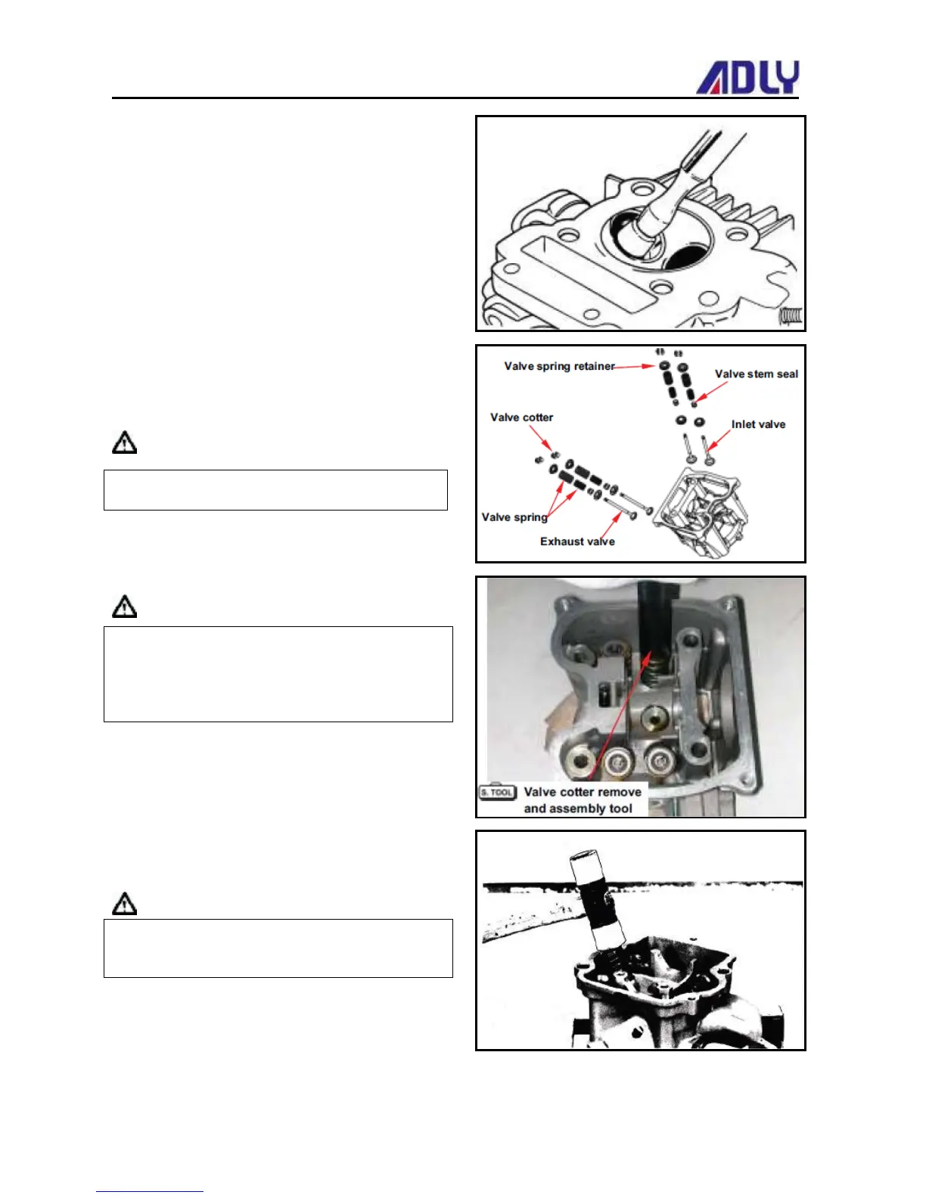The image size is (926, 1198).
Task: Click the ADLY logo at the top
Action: (747, 78)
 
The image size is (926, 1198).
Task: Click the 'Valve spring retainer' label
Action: (559, 366)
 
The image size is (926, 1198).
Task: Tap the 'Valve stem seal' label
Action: (756, 374)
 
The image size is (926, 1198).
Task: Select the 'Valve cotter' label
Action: (521, 417)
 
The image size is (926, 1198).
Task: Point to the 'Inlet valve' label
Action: (758, 424)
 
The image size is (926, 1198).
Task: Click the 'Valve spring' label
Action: (514, 517)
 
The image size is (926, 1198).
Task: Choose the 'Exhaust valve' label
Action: (577, 542)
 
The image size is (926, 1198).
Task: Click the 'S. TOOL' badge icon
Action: (497, 792)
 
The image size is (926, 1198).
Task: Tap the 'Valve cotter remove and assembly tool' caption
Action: (582, 800)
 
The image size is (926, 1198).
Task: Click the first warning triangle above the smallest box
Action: (125, 442)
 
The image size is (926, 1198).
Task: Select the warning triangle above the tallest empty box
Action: (125, 607)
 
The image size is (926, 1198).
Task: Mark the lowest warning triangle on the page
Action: (125, 904)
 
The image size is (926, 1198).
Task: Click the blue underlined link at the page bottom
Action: (149, 1190)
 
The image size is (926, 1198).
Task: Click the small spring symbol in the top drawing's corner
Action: (791, 316)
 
